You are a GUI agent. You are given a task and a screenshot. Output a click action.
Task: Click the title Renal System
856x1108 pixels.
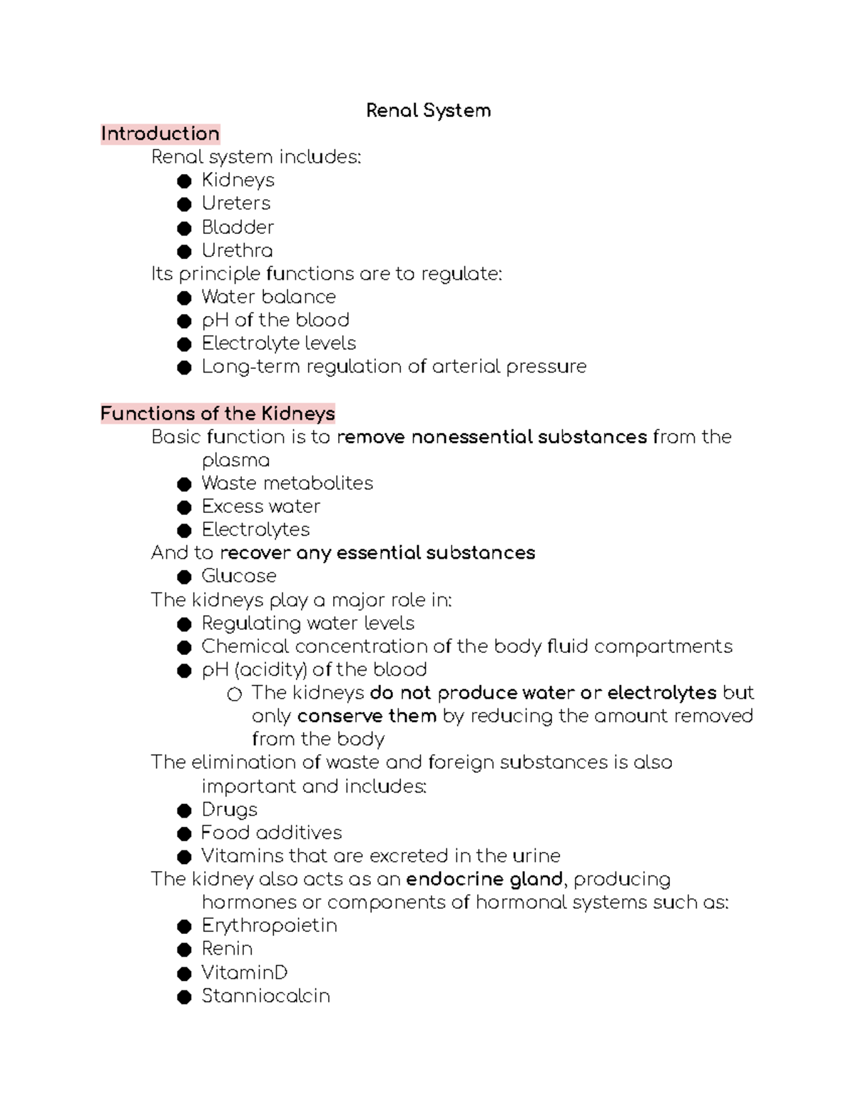click(428, 111)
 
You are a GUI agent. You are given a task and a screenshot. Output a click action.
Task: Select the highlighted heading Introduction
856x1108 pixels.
click(160, 133)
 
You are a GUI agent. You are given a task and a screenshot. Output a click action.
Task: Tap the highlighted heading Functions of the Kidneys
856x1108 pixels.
click(218, 413)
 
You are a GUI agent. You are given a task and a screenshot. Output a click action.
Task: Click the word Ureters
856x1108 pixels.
click(236, 203)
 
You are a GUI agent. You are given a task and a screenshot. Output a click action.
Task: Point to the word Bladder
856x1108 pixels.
click(238, 227)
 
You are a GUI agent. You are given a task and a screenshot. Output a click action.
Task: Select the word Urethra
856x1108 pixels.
click(237, 250)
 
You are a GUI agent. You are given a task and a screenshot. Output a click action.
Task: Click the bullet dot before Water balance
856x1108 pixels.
click(185, 298)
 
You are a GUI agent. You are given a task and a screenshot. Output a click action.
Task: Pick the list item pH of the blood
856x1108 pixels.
click(275, 320)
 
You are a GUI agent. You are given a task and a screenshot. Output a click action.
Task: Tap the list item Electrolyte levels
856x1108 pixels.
click(279, 343)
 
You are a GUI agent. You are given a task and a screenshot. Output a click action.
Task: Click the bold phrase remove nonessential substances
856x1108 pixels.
click(491, 437)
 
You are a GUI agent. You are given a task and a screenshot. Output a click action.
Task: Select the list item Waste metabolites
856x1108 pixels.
click(287, 483)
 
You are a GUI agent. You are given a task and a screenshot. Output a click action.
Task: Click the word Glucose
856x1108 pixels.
click(239, 576)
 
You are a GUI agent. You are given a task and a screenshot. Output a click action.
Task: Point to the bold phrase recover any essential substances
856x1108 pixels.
click(377, 553)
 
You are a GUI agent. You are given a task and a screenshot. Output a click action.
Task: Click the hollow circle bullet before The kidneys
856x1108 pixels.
click(234, 693)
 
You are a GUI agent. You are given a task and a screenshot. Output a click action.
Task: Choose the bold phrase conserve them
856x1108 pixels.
click(367, 716)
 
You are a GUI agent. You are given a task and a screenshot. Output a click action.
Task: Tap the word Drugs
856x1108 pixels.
click(230, 809)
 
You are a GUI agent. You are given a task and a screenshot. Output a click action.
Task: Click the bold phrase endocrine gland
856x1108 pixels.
click(484, 879)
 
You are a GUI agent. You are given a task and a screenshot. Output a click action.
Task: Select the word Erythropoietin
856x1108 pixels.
click(270, 925)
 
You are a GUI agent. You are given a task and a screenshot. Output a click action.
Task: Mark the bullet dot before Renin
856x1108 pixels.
click(185, 950)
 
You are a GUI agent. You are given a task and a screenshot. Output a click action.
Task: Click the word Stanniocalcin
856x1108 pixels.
click(265, 995)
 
